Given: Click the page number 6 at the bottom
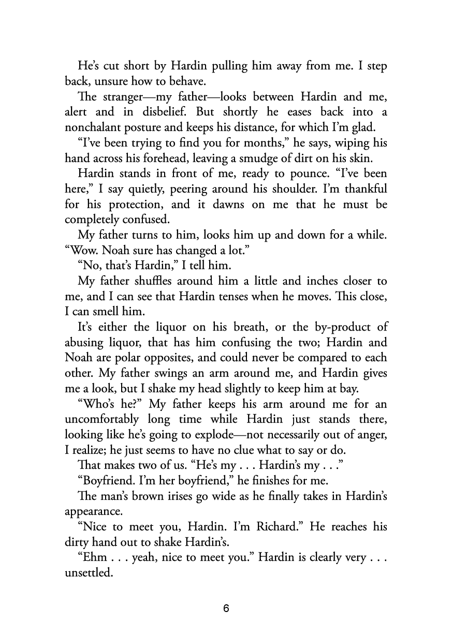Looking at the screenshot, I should (x=226, y=608).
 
